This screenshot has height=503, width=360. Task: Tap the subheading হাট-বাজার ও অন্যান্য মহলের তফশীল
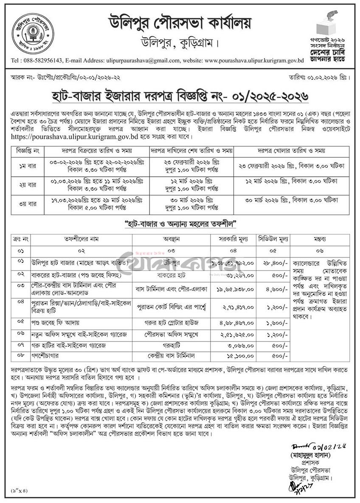tap(180, 223)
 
